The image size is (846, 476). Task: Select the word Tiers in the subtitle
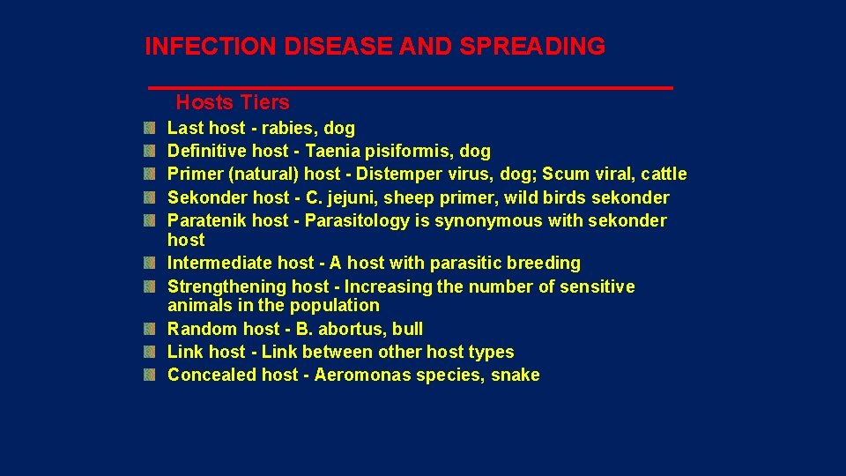(264, 103)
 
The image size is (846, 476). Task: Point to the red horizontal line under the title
(410, 88)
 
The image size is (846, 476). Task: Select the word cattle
(662, 175)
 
